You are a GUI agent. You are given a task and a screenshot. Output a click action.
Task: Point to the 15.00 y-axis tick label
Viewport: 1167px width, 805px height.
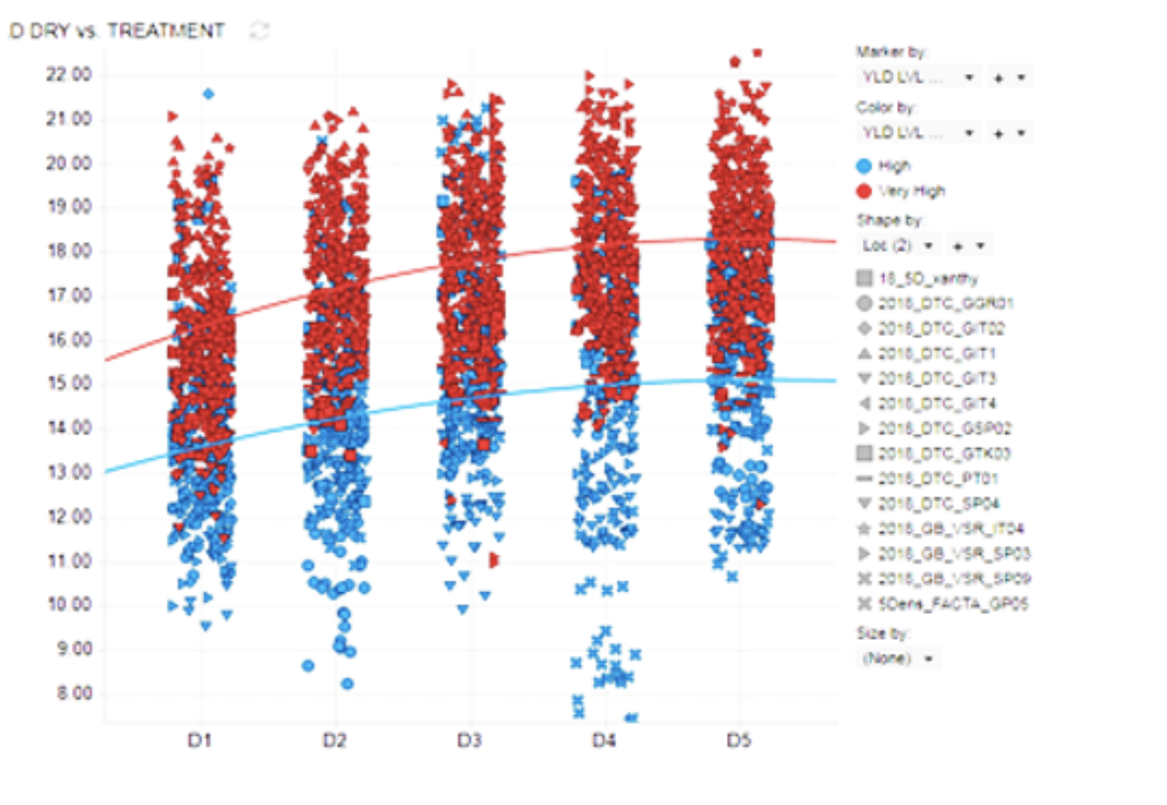[68, 384]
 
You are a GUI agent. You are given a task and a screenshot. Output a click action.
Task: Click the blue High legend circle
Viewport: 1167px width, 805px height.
[864, 166]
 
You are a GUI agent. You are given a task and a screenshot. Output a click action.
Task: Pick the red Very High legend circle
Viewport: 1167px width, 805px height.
[864, 191]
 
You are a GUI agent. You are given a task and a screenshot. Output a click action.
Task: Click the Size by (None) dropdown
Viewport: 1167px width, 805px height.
[898, 658]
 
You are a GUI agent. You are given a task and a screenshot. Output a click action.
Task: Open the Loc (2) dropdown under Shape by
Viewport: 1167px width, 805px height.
[898, 243]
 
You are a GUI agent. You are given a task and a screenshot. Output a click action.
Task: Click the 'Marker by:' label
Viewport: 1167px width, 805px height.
[892, 52]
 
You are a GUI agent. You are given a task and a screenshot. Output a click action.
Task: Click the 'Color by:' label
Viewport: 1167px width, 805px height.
[886, 108]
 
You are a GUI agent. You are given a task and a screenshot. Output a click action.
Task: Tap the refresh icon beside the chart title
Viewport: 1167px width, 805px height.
[260, 32]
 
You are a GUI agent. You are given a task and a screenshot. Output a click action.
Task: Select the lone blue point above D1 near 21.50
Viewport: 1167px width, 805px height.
[208, 94]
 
